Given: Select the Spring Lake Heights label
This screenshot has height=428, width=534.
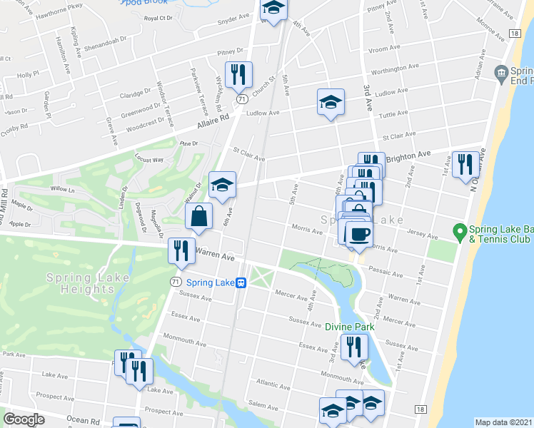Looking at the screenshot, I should coord(81,283).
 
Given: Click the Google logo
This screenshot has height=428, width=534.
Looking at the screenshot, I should coord(24,419).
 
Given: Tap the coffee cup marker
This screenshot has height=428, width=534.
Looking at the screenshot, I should coord(358,234).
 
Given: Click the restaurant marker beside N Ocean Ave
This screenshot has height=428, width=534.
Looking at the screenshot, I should coord(465,165).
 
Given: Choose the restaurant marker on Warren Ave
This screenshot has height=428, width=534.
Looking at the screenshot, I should coord(180,251).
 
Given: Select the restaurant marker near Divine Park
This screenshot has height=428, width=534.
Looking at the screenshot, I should coord(354,347).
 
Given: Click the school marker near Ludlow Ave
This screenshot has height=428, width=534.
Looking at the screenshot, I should coord(331,102).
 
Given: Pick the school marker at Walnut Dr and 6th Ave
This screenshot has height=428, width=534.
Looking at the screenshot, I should coord(222,185).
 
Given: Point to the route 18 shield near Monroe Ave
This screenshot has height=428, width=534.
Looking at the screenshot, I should coord(514,34).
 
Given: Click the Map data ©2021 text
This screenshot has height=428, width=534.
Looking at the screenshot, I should coord(504,422).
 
